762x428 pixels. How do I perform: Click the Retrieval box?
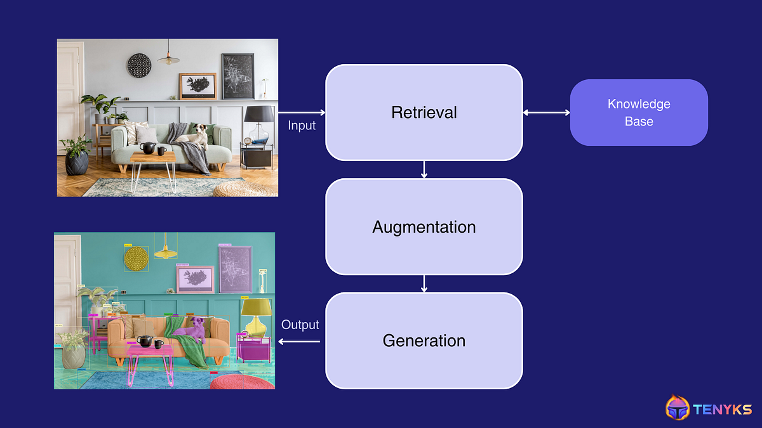tap(424, 112)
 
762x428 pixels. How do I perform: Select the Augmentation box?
tap(424, 226)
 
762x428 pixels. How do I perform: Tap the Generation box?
tap(424, 340)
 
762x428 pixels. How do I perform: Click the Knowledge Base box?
tap(638, 112)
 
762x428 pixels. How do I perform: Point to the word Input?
tap(302, 126)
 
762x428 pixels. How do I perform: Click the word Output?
tap(300, 325)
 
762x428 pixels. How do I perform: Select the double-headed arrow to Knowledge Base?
tap(546, 113)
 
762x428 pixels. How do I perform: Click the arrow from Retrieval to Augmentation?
tap(424, 169)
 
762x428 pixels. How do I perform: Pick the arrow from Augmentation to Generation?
tap(424, 283)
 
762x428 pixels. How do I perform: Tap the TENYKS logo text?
tap(723, 409)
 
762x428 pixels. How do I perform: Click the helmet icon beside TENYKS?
tap(678, 408)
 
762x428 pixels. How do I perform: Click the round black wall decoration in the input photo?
tap(139, 65)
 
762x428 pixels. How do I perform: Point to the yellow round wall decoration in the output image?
tap(136, 258)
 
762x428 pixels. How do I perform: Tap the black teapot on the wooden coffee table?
tap(147, 148)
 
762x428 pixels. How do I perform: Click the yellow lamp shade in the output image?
tap(255, 307)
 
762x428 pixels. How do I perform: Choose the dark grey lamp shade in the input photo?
tap(259, 114)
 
